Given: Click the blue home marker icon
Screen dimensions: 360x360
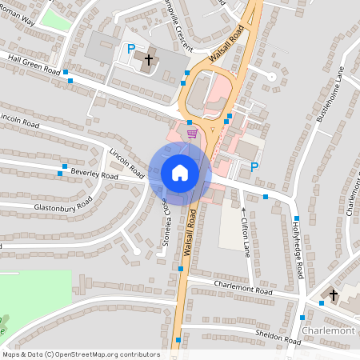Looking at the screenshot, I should pyautogui.click(x=179, y=173).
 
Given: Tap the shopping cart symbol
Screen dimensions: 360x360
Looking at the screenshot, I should pyautogui.click(x=191, y=134).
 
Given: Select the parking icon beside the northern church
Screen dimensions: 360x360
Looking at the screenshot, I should pyautogui.click(x=131, y=50).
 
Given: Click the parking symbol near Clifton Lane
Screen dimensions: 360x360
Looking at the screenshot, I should pyautogui.click(x=254, y=167).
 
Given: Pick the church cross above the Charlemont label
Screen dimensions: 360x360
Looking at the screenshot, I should pyautogui.click(x=334, y=295).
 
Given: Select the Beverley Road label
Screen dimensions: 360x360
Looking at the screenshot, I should pyautogui.click(x=94, y=174).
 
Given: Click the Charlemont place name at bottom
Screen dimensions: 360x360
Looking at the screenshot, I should pyautogui.click(x=328, y=331).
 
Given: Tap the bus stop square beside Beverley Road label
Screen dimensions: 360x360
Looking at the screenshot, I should pyautogui.click(x=61, y=173).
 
